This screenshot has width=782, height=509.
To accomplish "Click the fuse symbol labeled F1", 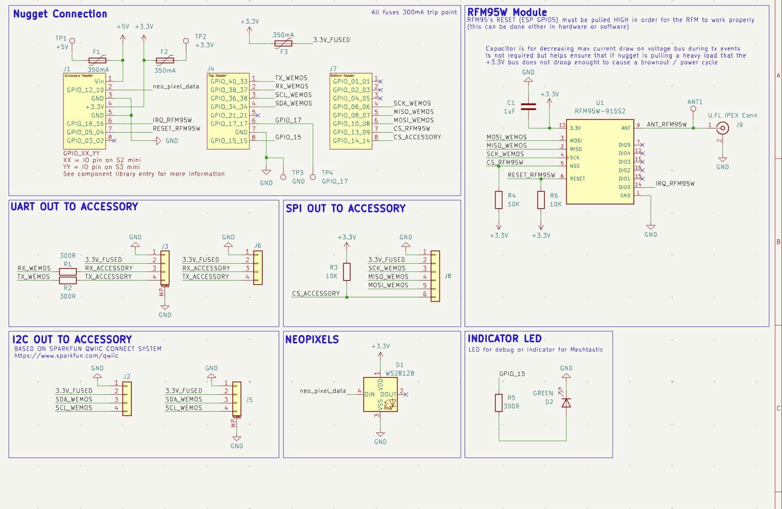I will point(97,60).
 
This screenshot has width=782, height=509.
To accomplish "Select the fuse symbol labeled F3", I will point(283,43).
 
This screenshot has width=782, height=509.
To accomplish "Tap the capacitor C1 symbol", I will point(528,107).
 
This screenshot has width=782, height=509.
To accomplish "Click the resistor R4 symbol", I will point(499,200).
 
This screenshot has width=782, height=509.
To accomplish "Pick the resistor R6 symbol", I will point(541,200).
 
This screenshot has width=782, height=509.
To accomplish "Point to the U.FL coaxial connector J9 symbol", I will point(723,128).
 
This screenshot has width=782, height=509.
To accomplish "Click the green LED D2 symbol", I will point(566,402).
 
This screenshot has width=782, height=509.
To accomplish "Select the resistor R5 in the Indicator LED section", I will point(499,402).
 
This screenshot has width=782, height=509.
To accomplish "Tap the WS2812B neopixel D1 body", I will point(380,394).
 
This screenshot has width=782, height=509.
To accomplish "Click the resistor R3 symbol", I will point(347,272).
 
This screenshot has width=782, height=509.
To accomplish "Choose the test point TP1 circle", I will point(72,41).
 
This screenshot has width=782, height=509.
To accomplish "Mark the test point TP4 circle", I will point(313,177).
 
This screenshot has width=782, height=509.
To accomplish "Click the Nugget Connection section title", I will point(60,14).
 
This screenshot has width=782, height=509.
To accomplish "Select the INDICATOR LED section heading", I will point(504,339).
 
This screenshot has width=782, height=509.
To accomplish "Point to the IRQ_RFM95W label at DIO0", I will point(675,184).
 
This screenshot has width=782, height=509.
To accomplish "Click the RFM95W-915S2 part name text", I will point(600,111).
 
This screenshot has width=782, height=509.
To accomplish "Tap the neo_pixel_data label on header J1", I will point(176,86).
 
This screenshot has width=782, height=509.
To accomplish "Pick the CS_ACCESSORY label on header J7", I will point(417,137).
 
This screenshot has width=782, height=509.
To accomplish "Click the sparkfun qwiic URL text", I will point(66,356).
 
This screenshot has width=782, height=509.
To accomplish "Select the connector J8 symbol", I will point(435,276).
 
